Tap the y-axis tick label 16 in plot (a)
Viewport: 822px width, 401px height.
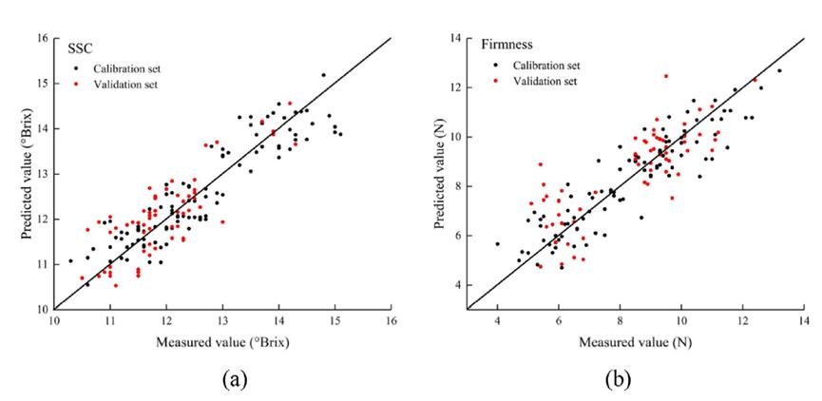(41, 39)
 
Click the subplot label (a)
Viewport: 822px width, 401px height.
(232, 379)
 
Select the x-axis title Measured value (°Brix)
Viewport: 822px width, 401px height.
(222, 344)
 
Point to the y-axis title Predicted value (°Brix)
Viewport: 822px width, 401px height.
(18, 173)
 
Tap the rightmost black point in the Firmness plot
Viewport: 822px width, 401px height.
(779, 70)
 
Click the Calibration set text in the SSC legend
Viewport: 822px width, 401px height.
(124, 69)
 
